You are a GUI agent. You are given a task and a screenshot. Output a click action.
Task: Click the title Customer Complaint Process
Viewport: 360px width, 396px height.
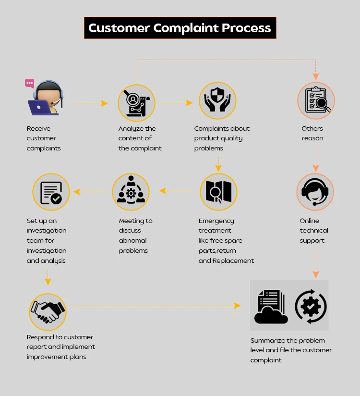coord(180,28)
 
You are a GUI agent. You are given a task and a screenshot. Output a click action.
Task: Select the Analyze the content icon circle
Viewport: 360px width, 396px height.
coord(137,103)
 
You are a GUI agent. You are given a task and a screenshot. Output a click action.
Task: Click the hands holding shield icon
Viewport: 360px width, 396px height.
coord(217,100)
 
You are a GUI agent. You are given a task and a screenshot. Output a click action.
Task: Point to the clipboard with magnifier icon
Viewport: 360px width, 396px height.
coord(315,100)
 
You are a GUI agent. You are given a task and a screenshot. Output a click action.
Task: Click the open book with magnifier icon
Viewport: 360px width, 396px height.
coord(218,192)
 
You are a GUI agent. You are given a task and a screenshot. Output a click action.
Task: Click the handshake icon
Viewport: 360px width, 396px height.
coord(48,311)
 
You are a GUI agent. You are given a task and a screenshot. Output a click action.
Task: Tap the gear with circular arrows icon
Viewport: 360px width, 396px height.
coord(311,306)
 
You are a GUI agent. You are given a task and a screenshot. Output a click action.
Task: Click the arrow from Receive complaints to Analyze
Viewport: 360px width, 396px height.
coord(91,103)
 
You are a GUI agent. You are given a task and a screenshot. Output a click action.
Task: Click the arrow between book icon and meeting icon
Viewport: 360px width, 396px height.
coord(175,191)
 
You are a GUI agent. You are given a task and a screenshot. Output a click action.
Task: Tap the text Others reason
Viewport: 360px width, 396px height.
coord(312,134)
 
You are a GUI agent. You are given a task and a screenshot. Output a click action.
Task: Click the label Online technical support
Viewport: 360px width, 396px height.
coord(314,231)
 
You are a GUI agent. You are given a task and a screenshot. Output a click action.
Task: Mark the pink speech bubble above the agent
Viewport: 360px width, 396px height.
coord(30,83)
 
